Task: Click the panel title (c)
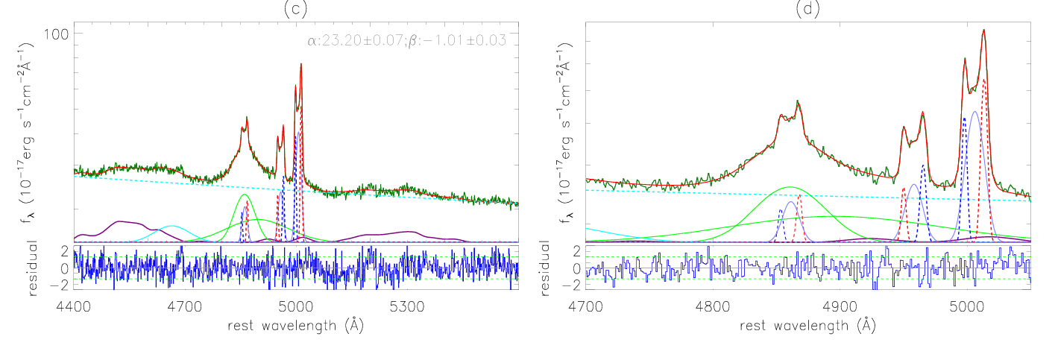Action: (296, 10)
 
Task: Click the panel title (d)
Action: (808, 10)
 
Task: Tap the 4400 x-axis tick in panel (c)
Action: (74, 306)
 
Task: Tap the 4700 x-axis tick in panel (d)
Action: (586, 306)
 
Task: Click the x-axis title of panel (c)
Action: (296, 326)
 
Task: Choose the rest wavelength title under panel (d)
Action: (808, 326)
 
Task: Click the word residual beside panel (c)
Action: (34, 266)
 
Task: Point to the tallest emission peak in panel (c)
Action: (300, 64)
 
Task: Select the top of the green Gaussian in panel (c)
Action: (245, 195)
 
